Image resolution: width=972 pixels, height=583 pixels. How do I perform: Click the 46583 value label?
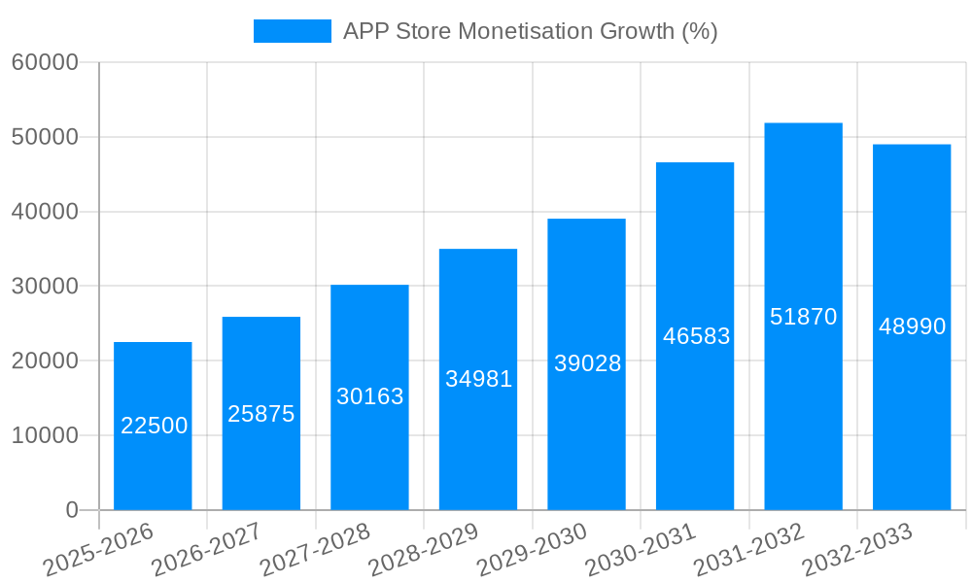coord(696,336)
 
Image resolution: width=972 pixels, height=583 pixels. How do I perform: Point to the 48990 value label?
coord(912,326)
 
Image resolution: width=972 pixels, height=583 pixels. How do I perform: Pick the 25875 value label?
coord(260,414)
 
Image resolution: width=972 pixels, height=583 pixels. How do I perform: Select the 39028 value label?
coord(587,363)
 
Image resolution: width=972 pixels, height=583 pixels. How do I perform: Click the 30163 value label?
coord(369,396)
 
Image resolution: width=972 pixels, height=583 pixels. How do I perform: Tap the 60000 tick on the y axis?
coord(45,63)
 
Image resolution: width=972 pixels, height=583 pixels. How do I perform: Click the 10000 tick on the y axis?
coord(45,436)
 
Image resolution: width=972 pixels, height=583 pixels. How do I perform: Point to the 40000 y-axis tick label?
coord(45,212)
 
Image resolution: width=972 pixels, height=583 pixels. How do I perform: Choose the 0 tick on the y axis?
coord(71,510)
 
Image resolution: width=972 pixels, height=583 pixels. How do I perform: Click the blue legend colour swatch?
coord(292,31)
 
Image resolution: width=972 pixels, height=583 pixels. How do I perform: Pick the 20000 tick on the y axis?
coord(45,361)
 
